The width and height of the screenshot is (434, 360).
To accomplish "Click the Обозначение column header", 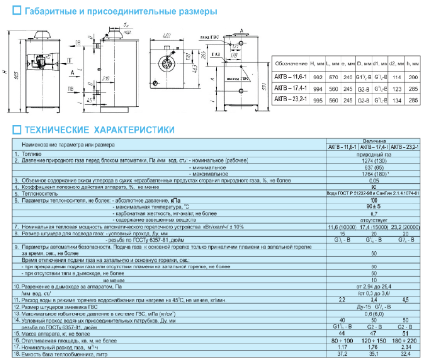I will coord(291,63).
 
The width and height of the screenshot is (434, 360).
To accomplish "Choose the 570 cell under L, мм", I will coord(331,77).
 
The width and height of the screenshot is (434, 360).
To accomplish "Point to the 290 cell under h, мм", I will coord(413,77).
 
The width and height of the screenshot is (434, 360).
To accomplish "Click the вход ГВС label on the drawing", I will coord(210,37).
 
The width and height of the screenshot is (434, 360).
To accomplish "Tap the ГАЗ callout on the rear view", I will coord(216,54).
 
